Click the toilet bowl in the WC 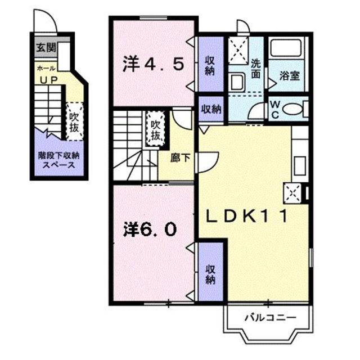(292, 108)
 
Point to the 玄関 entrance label (47, 48)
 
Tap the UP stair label (47, 80)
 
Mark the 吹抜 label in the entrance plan (74, 120)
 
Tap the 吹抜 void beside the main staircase (156, 129)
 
